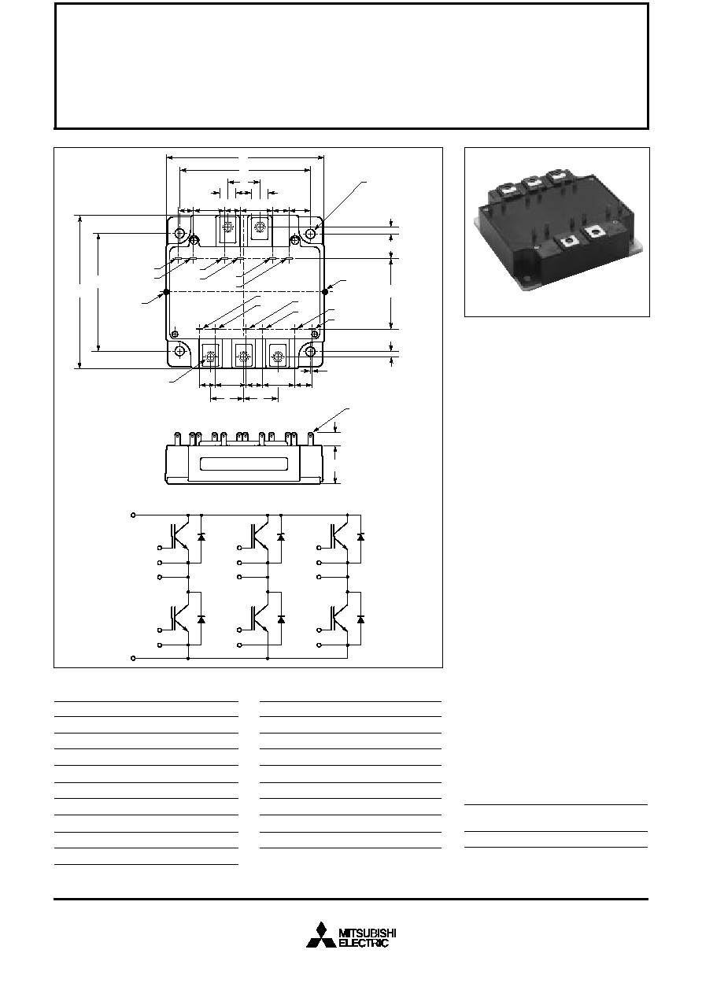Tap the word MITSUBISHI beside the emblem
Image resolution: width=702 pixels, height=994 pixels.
tap(368, 933)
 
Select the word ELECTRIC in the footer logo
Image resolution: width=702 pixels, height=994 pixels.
tap(364, 943)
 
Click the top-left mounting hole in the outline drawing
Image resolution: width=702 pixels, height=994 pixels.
tap(179, 233)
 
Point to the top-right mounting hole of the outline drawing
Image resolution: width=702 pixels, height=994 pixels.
tap(312, 233)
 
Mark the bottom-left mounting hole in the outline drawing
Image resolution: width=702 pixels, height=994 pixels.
tap(179, 351)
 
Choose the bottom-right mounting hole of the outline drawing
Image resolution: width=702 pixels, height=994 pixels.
tap(311, 352)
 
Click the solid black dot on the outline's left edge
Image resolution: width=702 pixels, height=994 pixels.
tap(166, 291)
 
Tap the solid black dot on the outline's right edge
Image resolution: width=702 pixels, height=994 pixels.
tap(325, 291)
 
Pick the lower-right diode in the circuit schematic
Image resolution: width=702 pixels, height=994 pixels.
tap(360, 619)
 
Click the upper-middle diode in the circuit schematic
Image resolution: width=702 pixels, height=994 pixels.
tap(280, 537)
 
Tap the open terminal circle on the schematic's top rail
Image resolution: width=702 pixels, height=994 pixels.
tap(133, 515)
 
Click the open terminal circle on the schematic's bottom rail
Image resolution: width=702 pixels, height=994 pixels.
tap(133, 659)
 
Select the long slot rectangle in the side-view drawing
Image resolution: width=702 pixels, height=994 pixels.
tap(244, 464)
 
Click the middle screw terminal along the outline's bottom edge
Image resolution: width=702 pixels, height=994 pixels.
tap(242, 356)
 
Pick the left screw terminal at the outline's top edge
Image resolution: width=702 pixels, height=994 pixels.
tap(227, 227)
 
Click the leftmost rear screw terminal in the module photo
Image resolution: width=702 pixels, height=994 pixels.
tap(508, 188)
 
